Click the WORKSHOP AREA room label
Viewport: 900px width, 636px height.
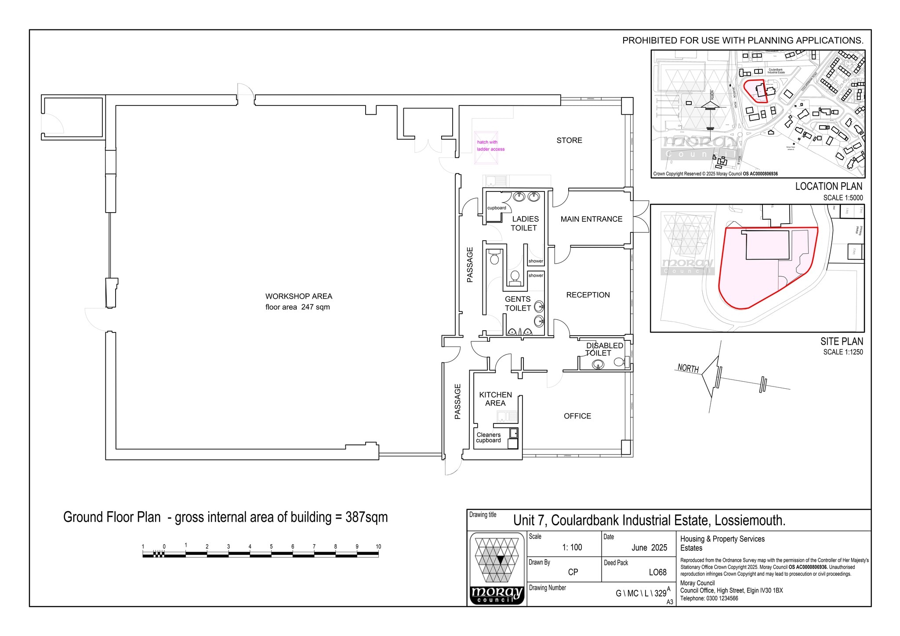pyautogui.click(x=298, y=296)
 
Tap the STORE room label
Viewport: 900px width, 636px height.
pyautogui.click(x=569, y=141)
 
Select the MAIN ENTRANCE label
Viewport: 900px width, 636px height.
pyautogui.click(x=591, y=219)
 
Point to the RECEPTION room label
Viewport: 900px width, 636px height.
pyautogui.click(x=588, y=295)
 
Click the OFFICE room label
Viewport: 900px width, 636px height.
pyautogui.click(x=577, y=416)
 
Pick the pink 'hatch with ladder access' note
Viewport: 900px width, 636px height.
pyautogui.click(x=490, y=146)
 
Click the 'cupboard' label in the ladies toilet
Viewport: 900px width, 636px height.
pyautogui.click(x=497, y=208)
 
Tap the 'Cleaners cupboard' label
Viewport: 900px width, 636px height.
pyautogui.click(x=488, y=437)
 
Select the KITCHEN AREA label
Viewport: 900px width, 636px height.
pyautogui.click(x=495, y=399)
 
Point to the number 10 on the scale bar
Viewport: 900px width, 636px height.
pyautogui.click(x=378, y=547)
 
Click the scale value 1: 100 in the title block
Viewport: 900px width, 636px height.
pyautogui.click(x=572, y=548)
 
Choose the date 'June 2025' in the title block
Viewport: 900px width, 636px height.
pyautogui.click(x=649, y=548)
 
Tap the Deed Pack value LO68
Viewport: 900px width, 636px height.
pyautogui.click(x=657, y=572)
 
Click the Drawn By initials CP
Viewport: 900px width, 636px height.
pyautogui.click(x=573, y=572)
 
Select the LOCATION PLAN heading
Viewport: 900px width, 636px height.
pyautogui.click(x=828, y=186)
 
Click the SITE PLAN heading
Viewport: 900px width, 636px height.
pyautogui.click(x=841, y=341)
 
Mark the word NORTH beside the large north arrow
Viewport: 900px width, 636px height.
pyautogui.click(x=688, y=368)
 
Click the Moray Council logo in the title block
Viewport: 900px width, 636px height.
pyautogui.click(x=497, y=568)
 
